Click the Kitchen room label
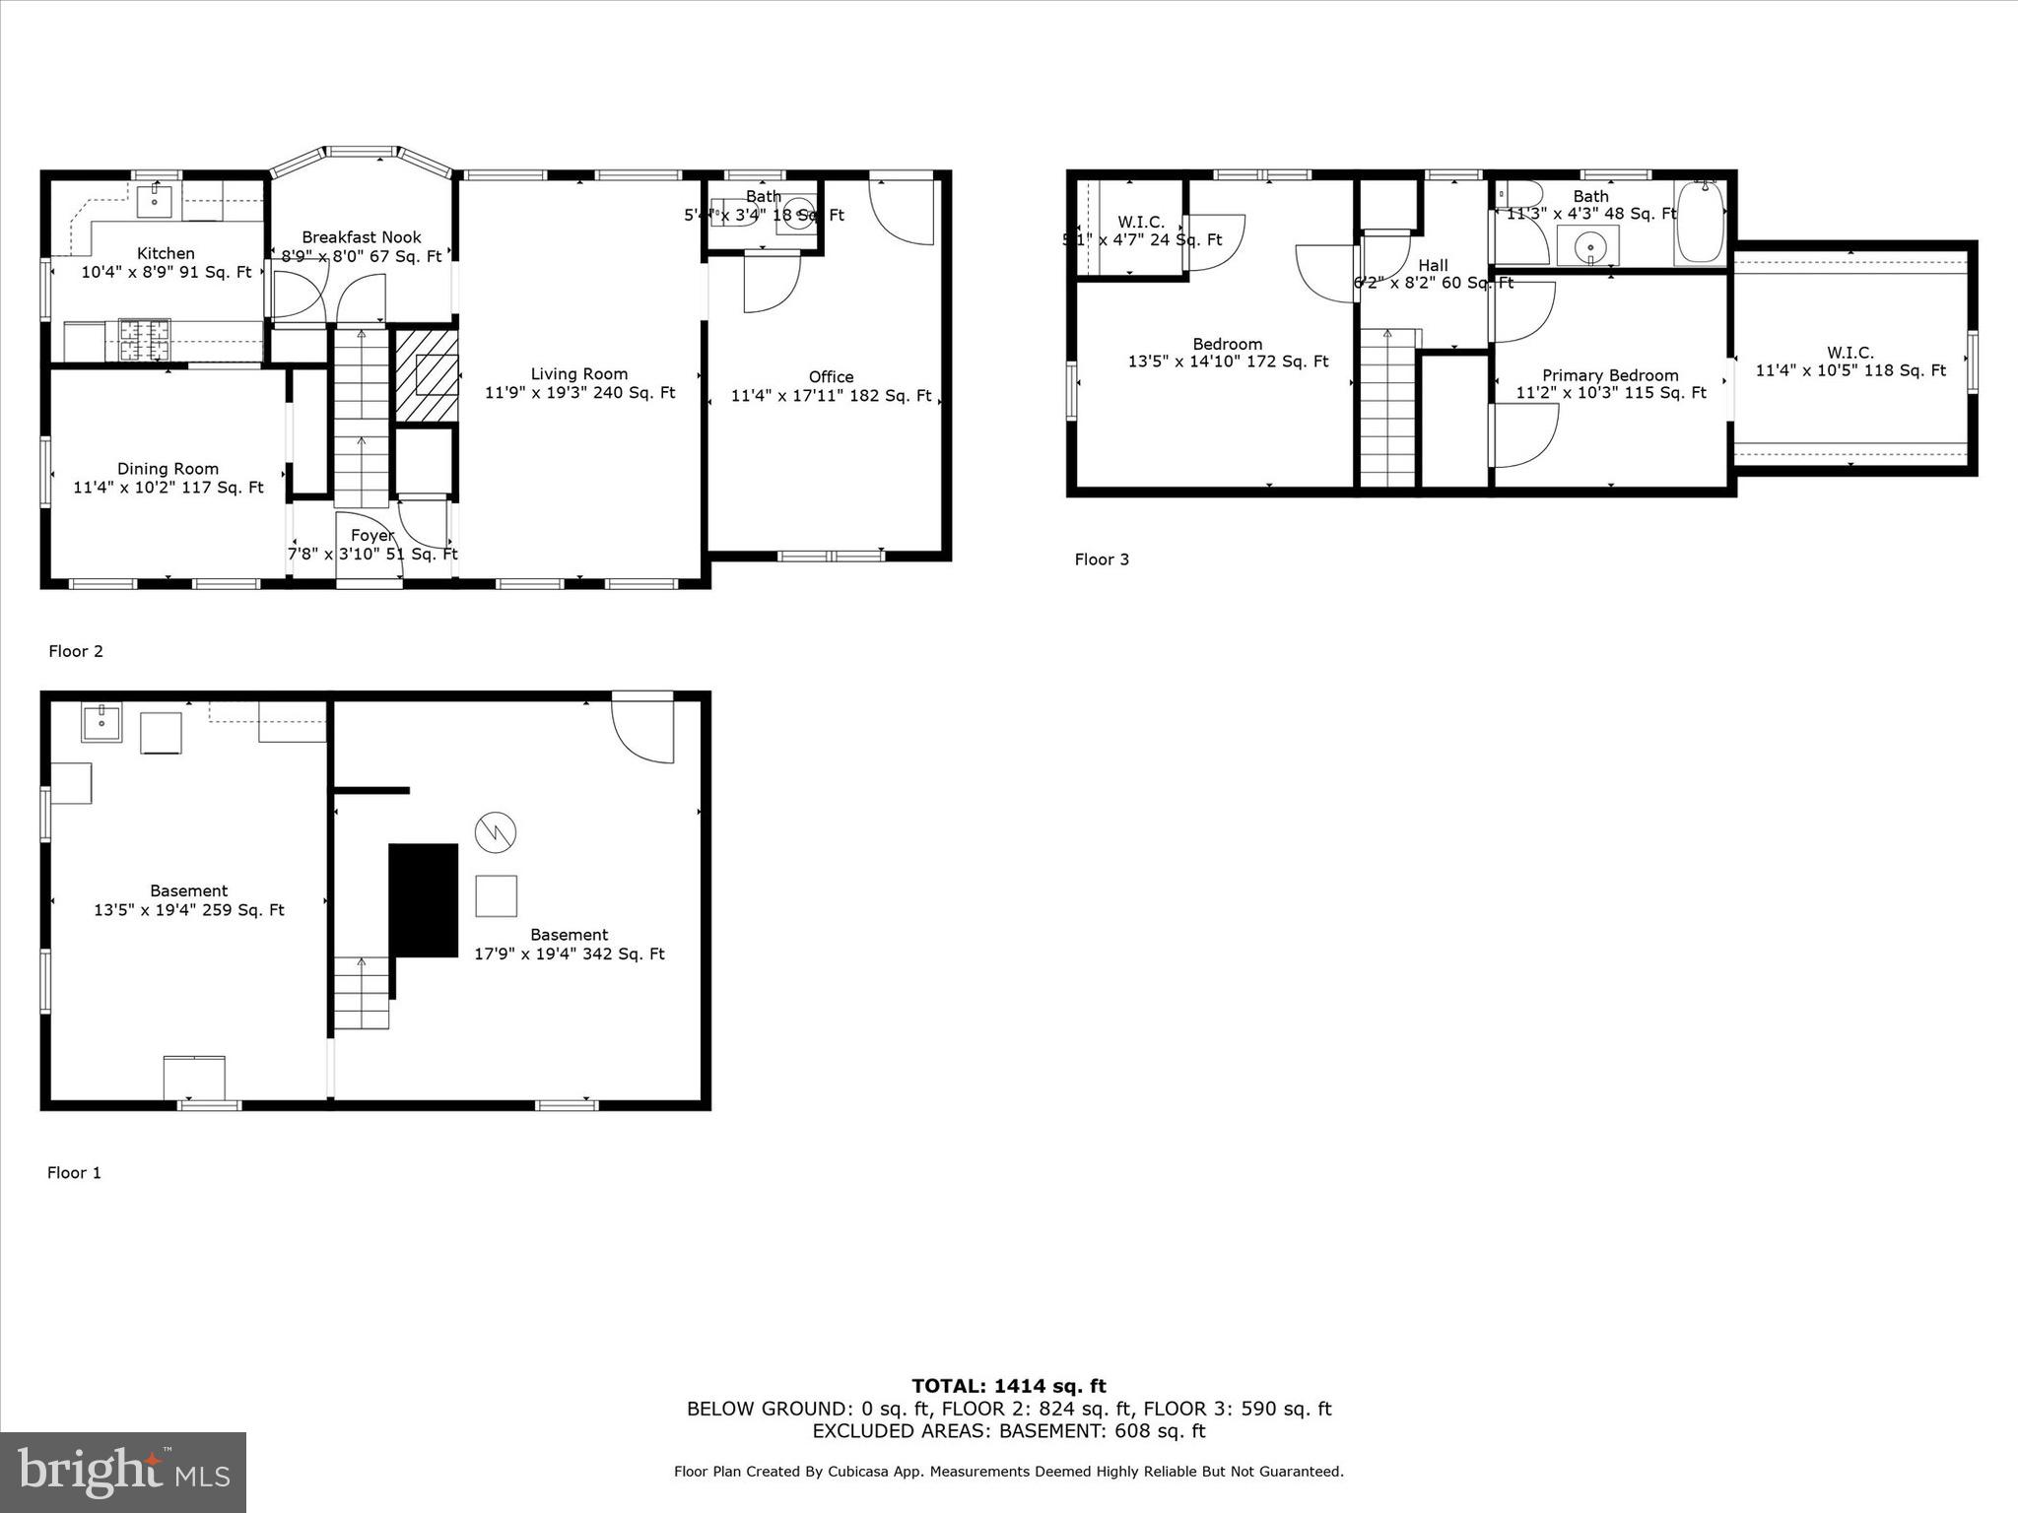tap(166, 254)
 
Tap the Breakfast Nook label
tap(362, 237)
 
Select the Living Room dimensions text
tap(579, 393)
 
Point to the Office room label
tap(831, 377)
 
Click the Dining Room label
tap(168, 469)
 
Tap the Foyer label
tap(372, 536)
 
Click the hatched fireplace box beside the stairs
tap(427, 376)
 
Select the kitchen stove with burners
tap(144, 340)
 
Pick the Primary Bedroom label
tap(1610, 375)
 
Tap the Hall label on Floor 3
tap(1433, 266)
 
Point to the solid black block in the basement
tap(424, 900)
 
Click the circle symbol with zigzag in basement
tap(495, 832)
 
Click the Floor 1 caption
tap(74, 1172)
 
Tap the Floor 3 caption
tap(1101, 559)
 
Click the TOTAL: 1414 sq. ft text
tap(1008, 1387)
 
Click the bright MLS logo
tap(123, 1472)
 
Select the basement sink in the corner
tap(101, 723)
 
